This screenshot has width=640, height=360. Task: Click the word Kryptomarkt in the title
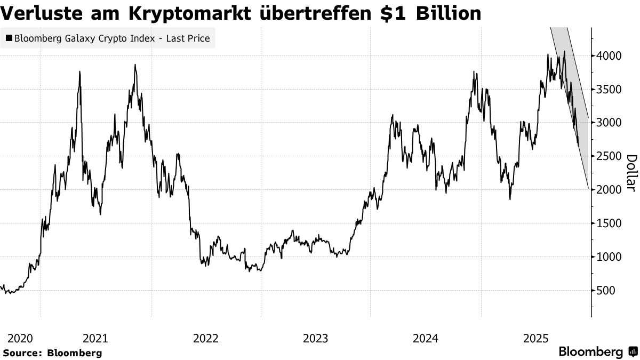(185, 13)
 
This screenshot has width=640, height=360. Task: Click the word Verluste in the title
(47, 13)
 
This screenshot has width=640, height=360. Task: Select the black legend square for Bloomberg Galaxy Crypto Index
(9, 38)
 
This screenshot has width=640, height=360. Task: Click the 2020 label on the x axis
(20, 338)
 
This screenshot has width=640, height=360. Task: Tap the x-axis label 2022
(206, 338)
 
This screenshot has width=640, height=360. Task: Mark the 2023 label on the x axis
(316, 338)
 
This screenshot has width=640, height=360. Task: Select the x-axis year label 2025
(536, 338)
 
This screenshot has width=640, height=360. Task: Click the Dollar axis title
(631, 173)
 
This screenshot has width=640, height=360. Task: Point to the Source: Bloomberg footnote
(52, 353)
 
